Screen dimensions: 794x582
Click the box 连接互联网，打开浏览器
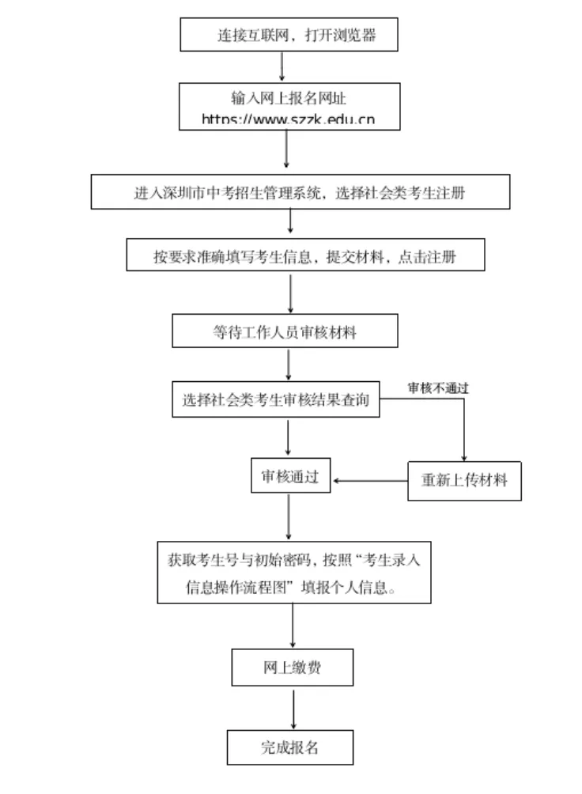point(289,35)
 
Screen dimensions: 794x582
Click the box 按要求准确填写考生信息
point(304,256)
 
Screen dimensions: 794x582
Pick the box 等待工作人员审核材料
point(284,332)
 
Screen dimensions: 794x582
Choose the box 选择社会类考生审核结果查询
point(275,400)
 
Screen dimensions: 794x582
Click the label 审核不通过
point(438,388)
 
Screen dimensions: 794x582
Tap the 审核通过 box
point(290,477)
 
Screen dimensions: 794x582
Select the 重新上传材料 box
point(464,480)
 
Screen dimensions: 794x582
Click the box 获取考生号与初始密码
point(294,573)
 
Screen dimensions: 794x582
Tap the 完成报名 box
point(289,747)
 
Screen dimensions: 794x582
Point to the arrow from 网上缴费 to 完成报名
point(293,707)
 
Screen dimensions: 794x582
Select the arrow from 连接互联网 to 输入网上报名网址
point(282,66)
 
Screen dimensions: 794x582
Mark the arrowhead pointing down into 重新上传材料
point(464,456)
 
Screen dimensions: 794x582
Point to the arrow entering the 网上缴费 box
point(293,626)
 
